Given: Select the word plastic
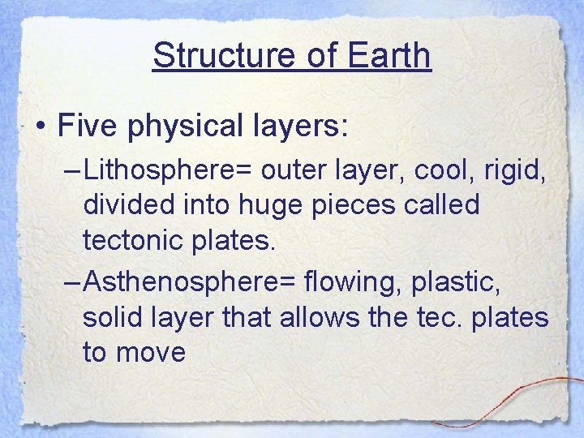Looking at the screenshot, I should click(x=454, y=284).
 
